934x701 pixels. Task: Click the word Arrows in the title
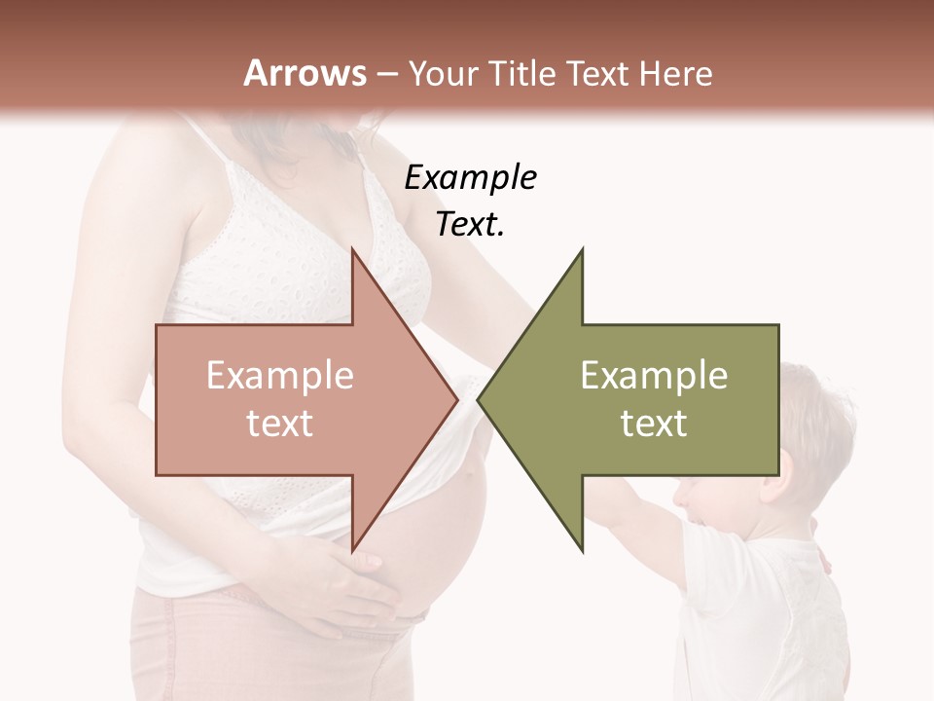[305, 73]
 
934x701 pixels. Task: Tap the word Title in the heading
[521, 73]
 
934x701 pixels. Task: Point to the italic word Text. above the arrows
[470, 225]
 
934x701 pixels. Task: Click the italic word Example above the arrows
[470, 178]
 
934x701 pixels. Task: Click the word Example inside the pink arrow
[280, 376]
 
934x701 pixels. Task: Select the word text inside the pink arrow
[280, 424]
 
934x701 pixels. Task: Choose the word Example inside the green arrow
[654, 376]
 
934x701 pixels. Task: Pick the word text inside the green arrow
[654, 424]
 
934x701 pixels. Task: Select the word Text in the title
[601, 73]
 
